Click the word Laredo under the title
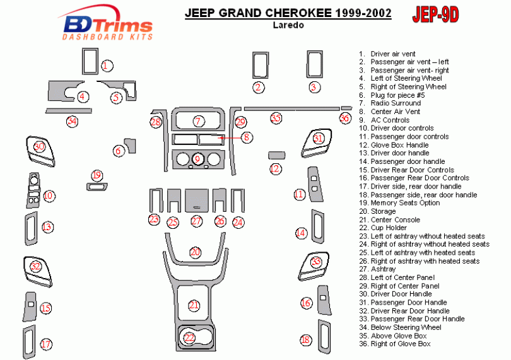[x=288, y=26]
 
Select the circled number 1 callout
[x=107, y=66]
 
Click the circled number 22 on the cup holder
[x=189, y=338]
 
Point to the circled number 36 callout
[x=344, y=118]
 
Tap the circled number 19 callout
[x=96, y=175]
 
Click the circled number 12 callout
[x=275, y=168]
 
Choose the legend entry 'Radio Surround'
[x=396, y=103]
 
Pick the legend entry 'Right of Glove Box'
[x=400, y=344]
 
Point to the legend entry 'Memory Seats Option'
[x=405, y=203]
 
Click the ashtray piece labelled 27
[x=196, y=200]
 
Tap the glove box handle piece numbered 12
[x=276, y=154]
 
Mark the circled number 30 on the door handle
[x=39, y=146]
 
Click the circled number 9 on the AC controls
[x=197, y=159]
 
